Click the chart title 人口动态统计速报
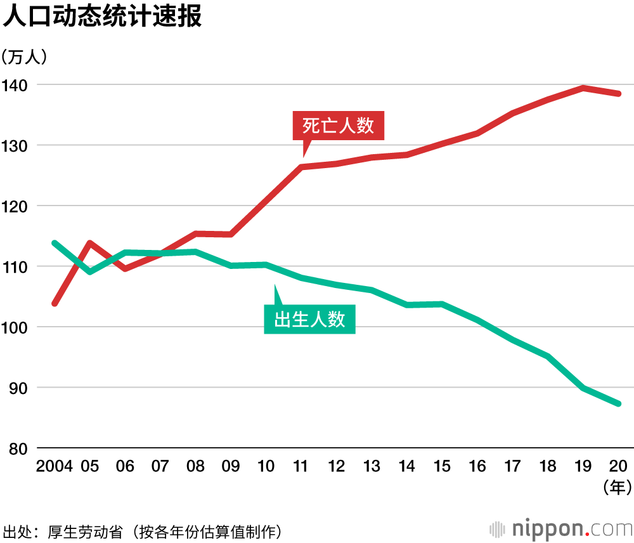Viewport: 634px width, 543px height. point(103,16)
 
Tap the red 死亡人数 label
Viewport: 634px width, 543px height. point(338,126)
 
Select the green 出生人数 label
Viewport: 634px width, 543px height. point(309,318)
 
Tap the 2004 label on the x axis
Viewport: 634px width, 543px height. point(55,467)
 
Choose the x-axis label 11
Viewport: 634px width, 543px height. point(301,467)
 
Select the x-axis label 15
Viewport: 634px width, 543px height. point(441,467)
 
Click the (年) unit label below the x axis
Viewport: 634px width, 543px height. point(617,487)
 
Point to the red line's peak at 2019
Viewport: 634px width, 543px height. point(583,88)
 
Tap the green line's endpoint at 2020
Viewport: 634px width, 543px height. point(618,403)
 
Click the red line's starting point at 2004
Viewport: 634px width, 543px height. point(55,303)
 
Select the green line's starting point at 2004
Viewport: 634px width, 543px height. point(55,243)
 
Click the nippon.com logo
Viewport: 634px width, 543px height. point(561,528)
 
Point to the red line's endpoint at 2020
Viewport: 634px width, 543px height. point(618,94)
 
